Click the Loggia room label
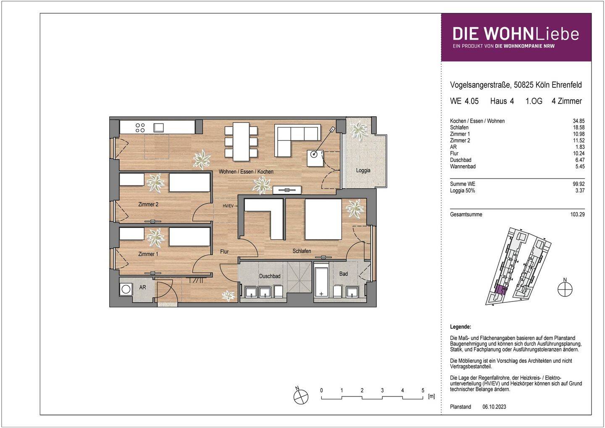pyautogui.click(x=363, y=170)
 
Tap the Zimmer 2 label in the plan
pyautogui.click(x=148, y=205)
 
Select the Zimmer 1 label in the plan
pyautogui.click(x=148, y=254)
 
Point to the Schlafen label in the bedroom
pyautogui.click(x=302, y=251)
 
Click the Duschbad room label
pyautogui.click(x=269, y=276)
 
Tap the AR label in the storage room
pyautogui.click(x=142, y=288)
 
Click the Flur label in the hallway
pyautogui.click(x=224, y=251)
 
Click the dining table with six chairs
pyautogui.click(x=241, y=142)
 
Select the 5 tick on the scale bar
pyautogui.click(x=423, y=391)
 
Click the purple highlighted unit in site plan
pyautogui.click(x=500, y=289)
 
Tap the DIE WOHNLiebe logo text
pyautogui.click(x=516, y=34)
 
